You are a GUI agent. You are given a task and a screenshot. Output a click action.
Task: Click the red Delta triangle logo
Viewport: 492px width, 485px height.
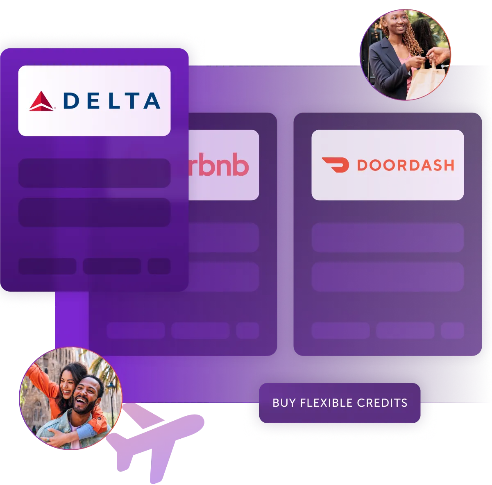41,102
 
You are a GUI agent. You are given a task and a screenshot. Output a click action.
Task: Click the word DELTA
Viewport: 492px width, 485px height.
111,101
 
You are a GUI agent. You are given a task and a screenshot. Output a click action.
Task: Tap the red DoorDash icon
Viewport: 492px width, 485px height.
335,165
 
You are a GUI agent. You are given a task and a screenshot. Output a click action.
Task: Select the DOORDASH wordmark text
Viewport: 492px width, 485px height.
405,165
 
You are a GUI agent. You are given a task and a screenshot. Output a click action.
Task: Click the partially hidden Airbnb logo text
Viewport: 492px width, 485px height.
219,165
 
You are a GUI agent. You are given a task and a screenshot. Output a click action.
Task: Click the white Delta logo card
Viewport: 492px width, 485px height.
94,101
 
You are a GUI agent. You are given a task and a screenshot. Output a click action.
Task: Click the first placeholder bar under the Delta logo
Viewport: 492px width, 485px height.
94,173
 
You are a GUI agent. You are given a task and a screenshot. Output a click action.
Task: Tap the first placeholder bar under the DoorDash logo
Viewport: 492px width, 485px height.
388,238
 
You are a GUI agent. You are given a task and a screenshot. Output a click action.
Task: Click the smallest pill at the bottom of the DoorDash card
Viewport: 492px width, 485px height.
452,331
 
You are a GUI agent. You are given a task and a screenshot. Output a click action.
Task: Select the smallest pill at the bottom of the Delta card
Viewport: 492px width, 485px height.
159,266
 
